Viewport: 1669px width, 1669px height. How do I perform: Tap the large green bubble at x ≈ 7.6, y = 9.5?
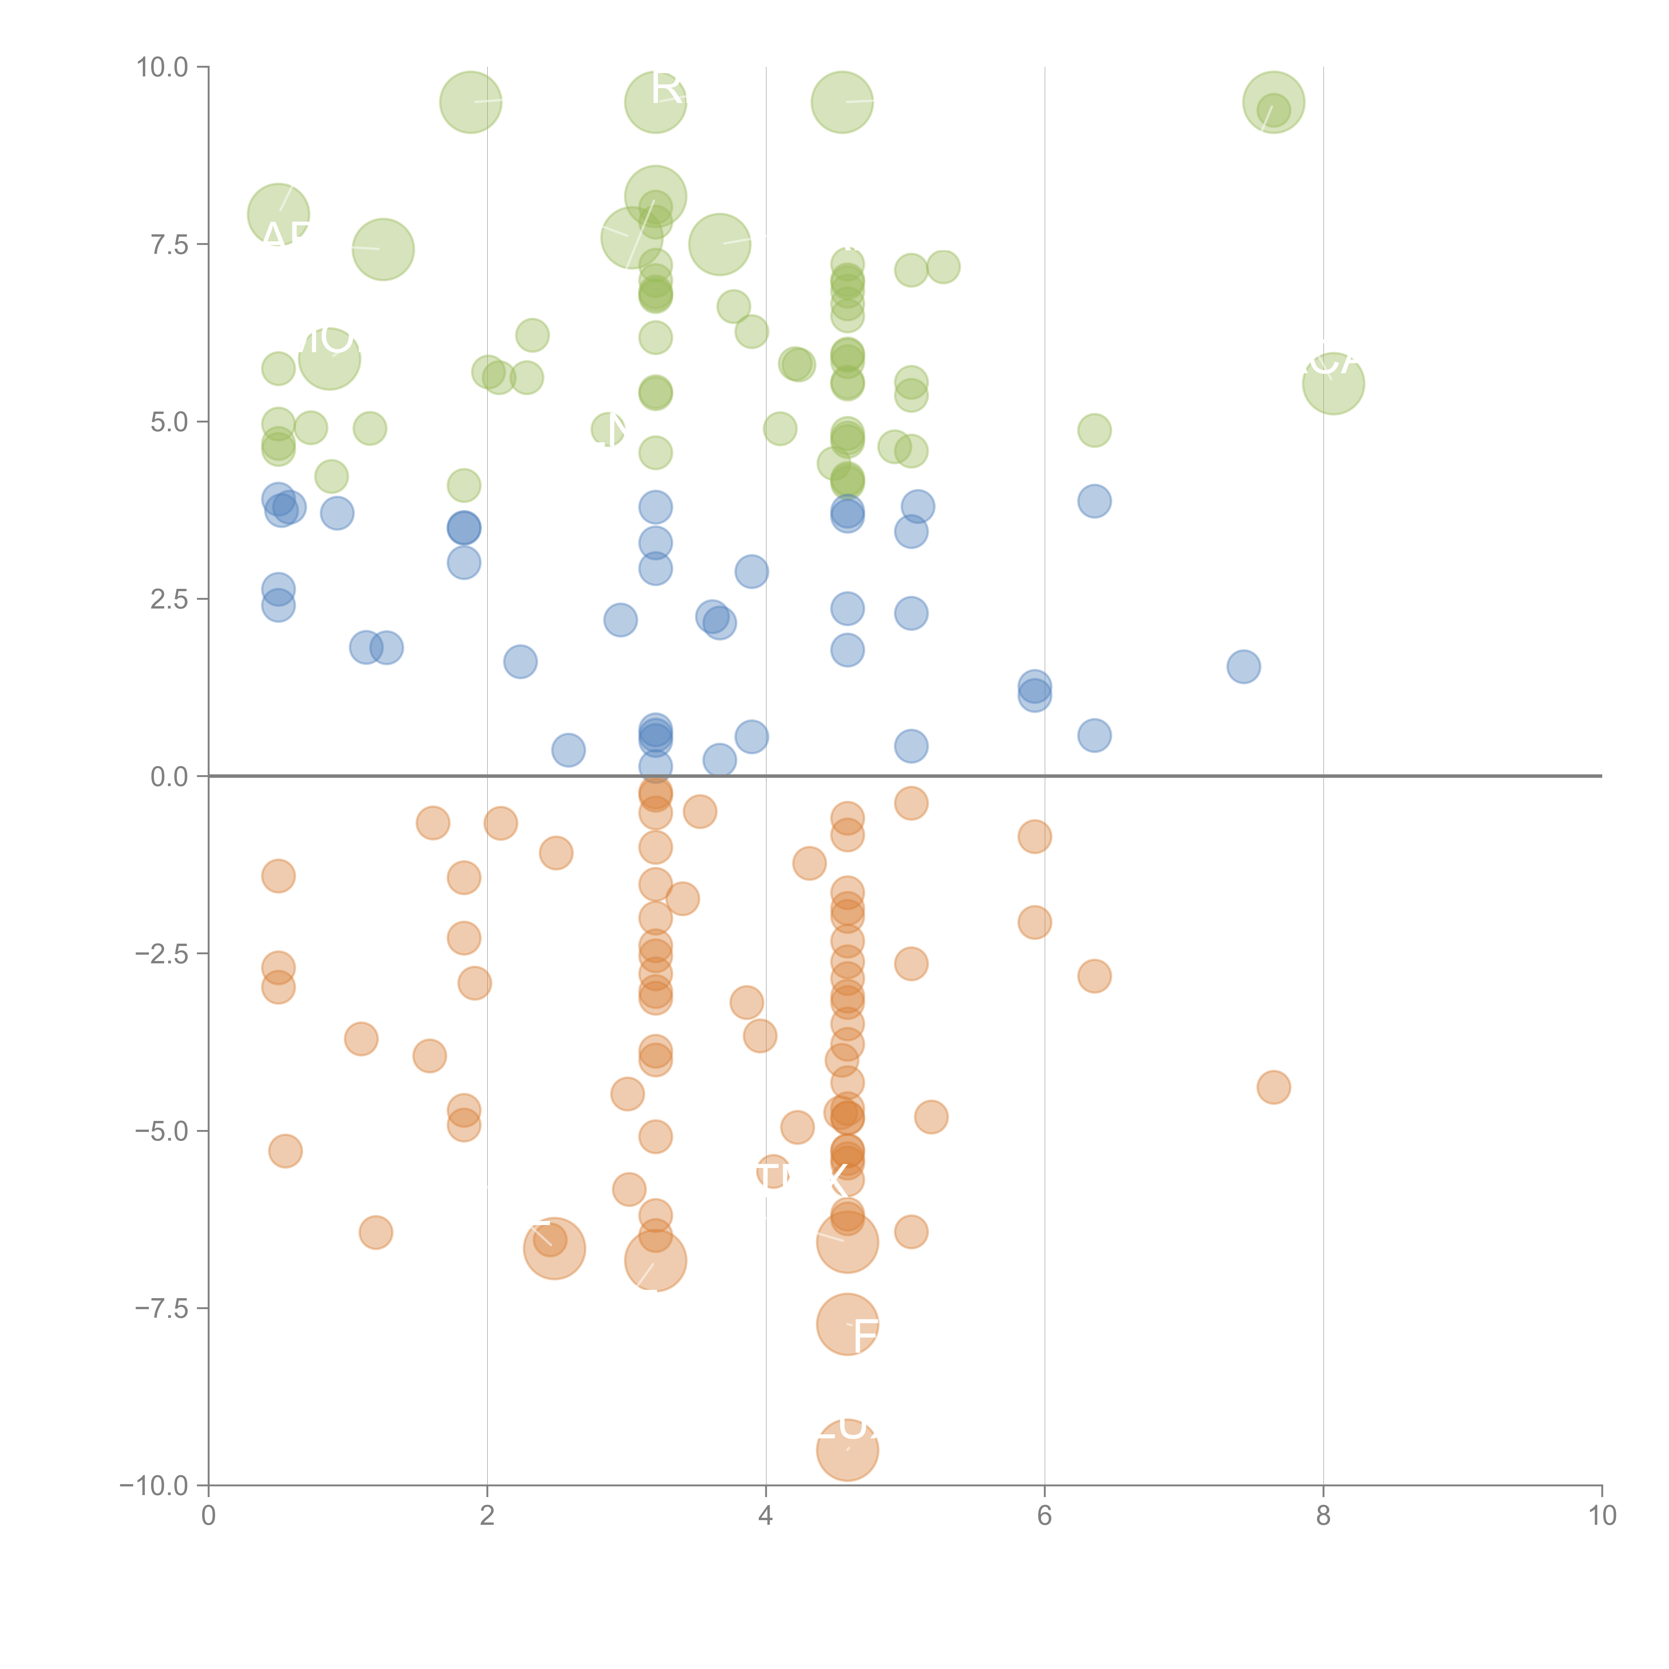point(1273,103)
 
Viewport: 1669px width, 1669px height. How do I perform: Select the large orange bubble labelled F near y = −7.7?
point(848,1324)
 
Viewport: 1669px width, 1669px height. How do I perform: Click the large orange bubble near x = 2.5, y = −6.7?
point(554,1248)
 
